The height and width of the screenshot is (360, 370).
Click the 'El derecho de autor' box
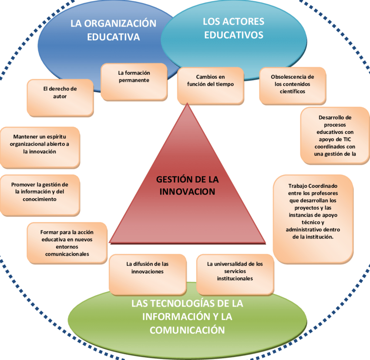pyautogui.click(x=60, y=97)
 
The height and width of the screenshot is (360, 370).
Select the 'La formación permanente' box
pyautogui.click(x=134, y=81)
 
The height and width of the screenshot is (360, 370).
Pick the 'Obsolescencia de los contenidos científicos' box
pyautogui.click(x=292, y=85)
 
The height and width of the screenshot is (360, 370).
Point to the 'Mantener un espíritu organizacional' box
pyautogui.click(x=40, y=147)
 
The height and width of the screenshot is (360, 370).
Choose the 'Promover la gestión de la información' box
pyautogui.click(x=40, y=195)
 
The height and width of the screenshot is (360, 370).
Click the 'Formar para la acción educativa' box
pyautogui.click(x=67, y=243)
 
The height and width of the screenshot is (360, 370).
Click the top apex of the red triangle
pyautogui.click(x=187, y=104)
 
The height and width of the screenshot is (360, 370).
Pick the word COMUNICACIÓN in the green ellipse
pyautogui.click(x=187, y=330)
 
